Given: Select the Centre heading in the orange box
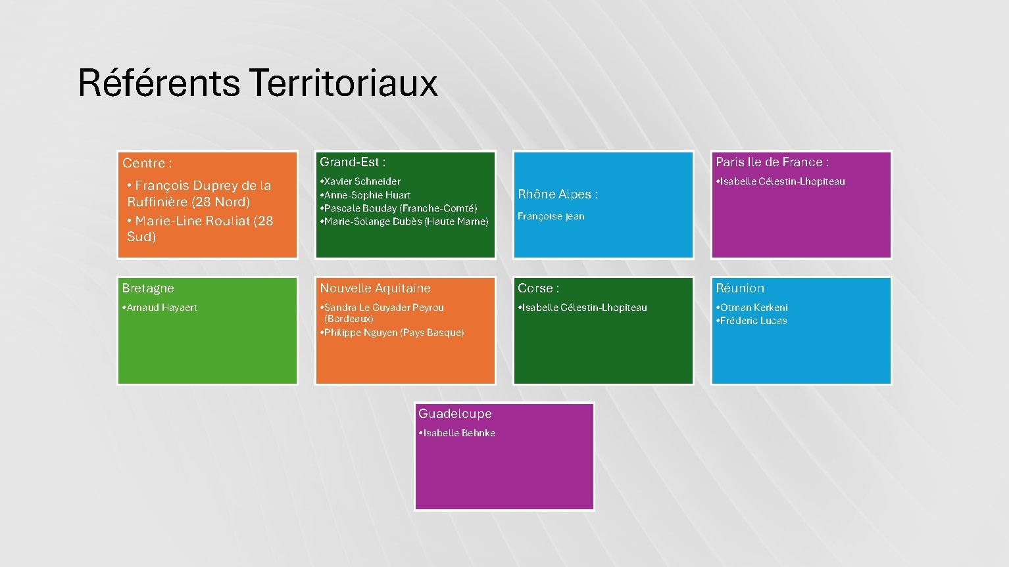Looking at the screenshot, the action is [147, 163].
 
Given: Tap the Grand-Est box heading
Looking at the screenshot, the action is [353, 162].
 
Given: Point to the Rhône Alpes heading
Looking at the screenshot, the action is [558, 194].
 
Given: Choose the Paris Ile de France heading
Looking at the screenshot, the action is [772, 162].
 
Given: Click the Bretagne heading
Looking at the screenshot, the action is [148, 288].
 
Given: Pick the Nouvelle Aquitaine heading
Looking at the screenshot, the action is [375, 288].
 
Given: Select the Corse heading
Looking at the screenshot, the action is [538, 288].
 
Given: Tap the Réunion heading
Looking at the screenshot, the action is [740, 288].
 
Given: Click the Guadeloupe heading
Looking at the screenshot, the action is [455, 413].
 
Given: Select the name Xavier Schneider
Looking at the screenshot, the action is [362, 181].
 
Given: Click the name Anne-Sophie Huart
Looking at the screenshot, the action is [367, 195].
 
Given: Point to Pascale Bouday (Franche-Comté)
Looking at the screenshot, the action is [401, 208].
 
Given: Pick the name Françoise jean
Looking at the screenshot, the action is [551, 216].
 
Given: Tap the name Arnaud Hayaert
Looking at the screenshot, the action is [162, 307].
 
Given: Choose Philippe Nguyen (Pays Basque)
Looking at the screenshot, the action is [394, 332].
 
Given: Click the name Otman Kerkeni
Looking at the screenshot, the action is [754, 307].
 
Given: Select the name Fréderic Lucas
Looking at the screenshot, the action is [754, 321].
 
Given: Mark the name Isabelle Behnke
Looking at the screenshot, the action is [459, 433].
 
